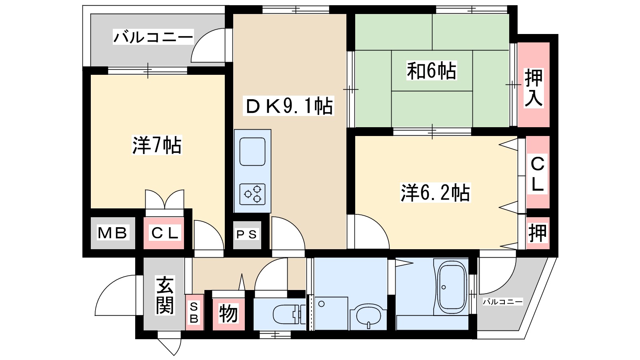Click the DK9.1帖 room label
[x=289, y=106]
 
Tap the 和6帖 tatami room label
[x=432, y=71]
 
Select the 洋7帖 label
[x=157, y=145]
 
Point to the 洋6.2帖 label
[x=435, y=193]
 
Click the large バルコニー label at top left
[x=153, y=38]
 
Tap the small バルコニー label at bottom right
[x=502, y=302]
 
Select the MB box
[x=112, y=233]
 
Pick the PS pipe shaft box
[x=246, y=234]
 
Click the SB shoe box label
[x=194, y=313]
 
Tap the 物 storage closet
[x=228, y=313]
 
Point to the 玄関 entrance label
[x=164, y=295]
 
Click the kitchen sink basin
[x=252, y=152]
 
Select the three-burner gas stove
[x=252, y=194]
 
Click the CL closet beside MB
[x=164, y=233]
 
